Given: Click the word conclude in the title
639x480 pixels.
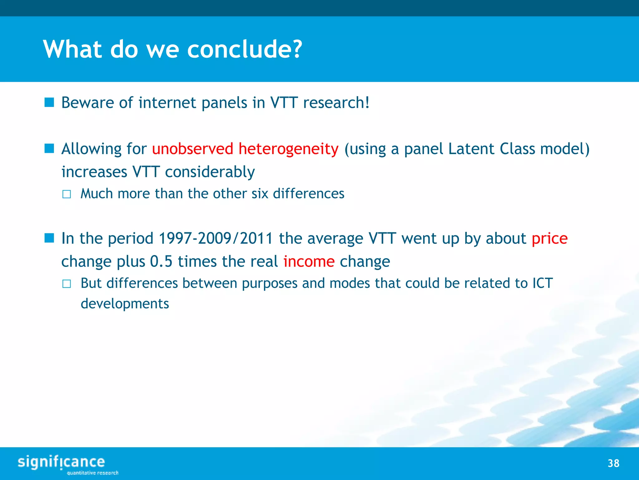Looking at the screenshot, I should click(x=244, y=49).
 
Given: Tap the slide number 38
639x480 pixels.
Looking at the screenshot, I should click(x=613, y=463).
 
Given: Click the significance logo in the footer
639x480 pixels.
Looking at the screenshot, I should click(x=61, y=462).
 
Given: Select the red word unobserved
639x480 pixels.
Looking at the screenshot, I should click(x=193, y=149).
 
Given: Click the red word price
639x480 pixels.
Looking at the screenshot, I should click(x=549, y=239).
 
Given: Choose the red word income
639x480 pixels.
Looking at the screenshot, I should click(x=309, y=262).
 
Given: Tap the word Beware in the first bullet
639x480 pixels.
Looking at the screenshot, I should click(x=88, y=103).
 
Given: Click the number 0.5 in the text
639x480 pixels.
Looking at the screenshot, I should click(x=161, y=262).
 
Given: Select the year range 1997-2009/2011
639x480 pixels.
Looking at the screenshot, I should click(x=216, y=239).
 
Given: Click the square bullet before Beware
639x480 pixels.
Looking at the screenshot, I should click(x=49, y=102).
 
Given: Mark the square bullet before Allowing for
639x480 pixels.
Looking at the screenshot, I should click(x=49, y=148).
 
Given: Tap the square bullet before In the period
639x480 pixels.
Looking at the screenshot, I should click(x=49, y=238).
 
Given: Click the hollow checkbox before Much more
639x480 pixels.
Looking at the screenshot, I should click(x=66, y=194).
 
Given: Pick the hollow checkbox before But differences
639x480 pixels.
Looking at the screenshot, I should click(x=66, y=284).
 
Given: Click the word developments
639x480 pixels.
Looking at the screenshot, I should click(x=125, y=304).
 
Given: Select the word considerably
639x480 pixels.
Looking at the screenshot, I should click(x=210, y=172).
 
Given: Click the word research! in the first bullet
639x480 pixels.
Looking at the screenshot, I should click(x=336, y=103).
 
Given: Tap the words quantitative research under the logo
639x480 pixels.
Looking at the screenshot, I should click(x=93, y=473).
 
